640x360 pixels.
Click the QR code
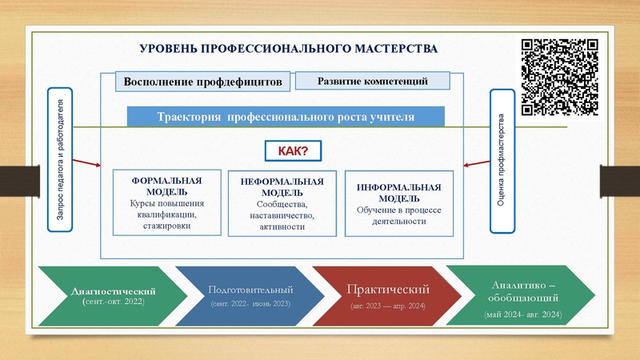point(560,76)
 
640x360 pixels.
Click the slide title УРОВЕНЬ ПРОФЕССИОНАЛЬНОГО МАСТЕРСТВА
point(288,49)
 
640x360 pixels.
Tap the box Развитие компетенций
point(373,81)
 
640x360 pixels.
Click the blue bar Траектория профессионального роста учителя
point(286,117)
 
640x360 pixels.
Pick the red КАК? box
point(293,150)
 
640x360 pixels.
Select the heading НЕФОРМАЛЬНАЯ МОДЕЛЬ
point(282,187)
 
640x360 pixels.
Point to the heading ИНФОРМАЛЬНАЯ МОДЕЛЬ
point(398,192)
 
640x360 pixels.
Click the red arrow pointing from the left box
point(86,163)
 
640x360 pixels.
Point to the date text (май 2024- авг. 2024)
point(523,314)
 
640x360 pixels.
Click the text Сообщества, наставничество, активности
point(282,216)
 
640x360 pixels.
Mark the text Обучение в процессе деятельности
point(398,215)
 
